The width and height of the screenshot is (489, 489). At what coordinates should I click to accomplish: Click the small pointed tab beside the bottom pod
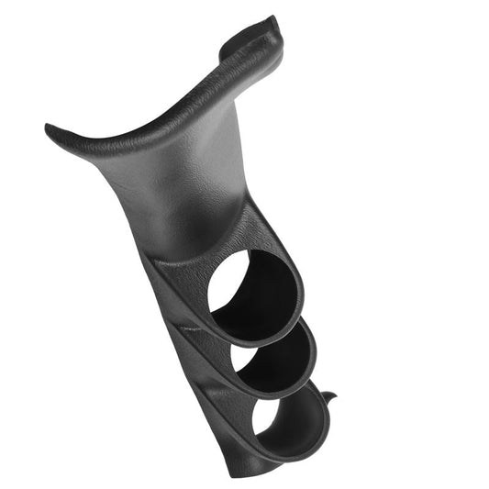point(330,397)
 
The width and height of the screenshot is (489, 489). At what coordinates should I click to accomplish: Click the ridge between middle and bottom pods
point(204,390)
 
